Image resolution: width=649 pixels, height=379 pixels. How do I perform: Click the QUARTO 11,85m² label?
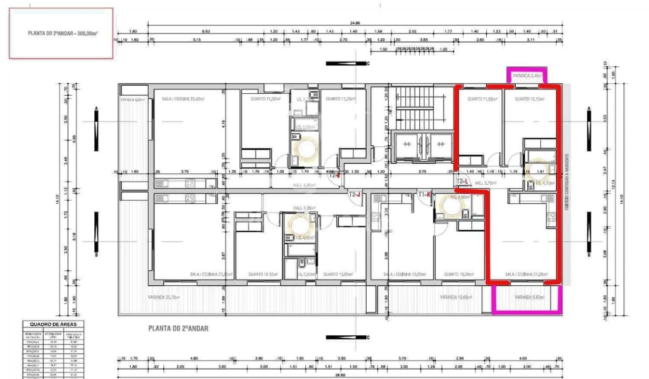click(x=476, y=99)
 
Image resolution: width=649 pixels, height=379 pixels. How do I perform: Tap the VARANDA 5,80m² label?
click(x=529, y=297)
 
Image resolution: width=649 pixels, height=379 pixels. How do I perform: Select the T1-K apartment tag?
click(x=425, y=195)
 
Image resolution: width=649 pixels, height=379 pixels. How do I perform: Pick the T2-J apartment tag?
click(x=355, y=195)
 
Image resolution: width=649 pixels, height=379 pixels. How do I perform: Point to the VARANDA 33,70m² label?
click(x=164, y=297)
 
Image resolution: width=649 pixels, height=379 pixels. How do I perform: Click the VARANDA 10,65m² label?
click(x=456, y=297)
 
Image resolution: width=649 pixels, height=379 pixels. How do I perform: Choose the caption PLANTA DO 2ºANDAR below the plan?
click(x=178, y=328)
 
